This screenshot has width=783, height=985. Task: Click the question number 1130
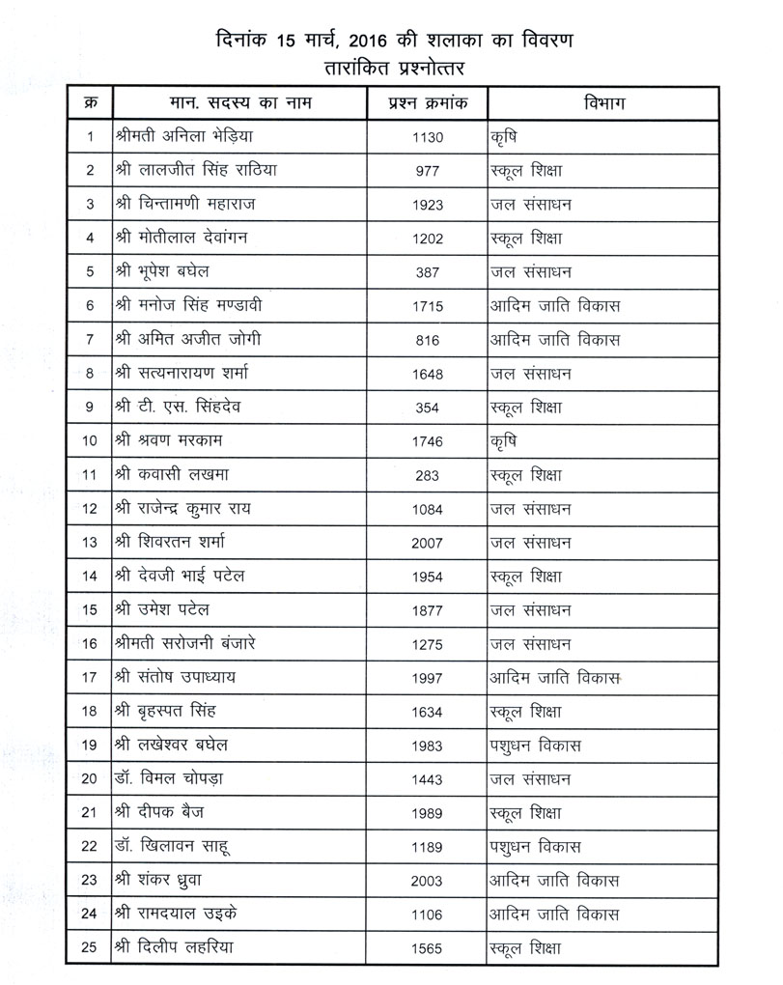427,137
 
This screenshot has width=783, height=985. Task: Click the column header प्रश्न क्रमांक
427,102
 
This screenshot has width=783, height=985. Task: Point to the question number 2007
427,544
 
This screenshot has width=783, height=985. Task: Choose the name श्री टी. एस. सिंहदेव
182,408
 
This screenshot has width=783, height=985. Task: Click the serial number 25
90,948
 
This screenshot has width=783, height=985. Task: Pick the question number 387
427,272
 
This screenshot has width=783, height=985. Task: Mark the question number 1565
427,948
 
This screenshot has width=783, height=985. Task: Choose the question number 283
427,475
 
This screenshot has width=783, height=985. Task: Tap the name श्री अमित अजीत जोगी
186,340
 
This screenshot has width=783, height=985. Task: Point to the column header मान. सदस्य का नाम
235,102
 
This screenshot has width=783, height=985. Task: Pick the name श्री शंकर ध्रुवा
160,881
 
